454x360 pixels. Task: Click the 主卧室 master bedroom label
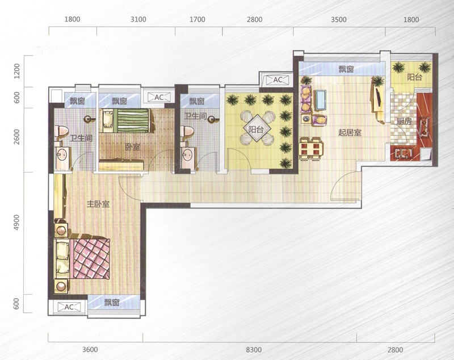tap(98, 204)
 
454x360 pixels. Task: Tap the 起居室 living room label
tap(350, 133)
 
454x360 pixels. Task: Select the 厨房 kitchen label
tap(404, 122)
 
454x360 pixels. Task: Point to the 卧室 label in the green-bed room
tap(133, 147)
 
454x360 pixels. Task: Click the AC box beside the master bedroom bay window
tap(69, 307)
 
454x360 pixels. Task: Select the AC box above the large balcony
tap(278, 79)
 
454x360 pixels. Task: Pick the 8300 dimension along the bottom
tap(254, 350)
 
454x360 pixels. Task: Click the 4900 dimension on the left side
tap(16, 223)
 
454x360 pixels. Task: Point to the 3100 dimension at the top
tap(138, 19)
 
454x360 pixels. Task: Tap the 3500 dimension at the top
tap(338, 19)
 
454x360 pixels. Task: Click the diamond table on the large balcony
tap(256, 128)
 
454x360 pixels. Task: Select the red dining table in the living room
tap(311, 149)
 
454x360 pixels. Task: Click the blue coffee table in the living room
tap(321, 100)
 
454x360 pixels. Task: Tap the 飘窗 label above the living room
tap(346, 69)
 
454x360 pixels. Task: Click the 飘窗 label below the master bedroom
tap(112, 302)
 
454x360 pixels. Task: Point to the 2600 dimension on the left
tap(16, 137)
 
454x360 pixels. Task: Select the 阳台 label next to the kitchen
tap(415, 77)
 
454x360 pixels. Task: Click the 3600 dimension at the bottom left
tap(90, 350)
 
